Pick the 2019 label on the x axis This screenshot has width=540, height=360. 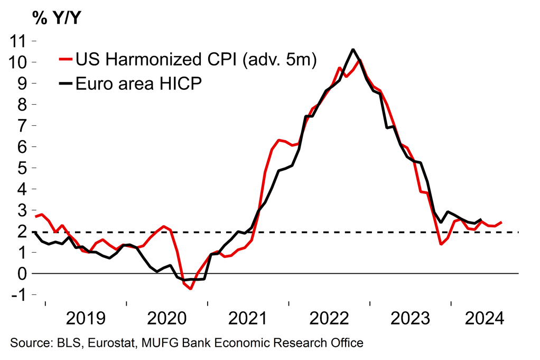(x=86, y=319)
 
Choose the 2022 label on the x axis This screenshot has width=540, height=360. (x=329, y=319)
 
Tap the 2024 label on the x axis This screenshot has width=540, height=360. (x=483, y=319)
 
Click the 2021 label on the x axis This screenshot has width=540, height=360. (x=249, y=319)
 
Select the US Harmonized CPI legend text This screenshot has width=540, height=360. (x=195, y=59)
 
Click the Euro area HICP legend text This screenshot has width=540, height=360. (x=138, y=84)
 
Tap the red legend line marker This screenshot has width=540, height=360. (x=66, y=59)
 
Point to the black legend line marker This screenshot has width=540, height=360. (x=66, y=84)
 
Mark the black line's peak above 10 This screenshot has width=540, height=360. (x=353, y=50)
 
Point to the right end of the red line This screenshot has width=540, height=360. (x=501, y=223)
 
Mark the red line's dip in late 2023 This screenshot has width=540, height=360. (x=441, y=244)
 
